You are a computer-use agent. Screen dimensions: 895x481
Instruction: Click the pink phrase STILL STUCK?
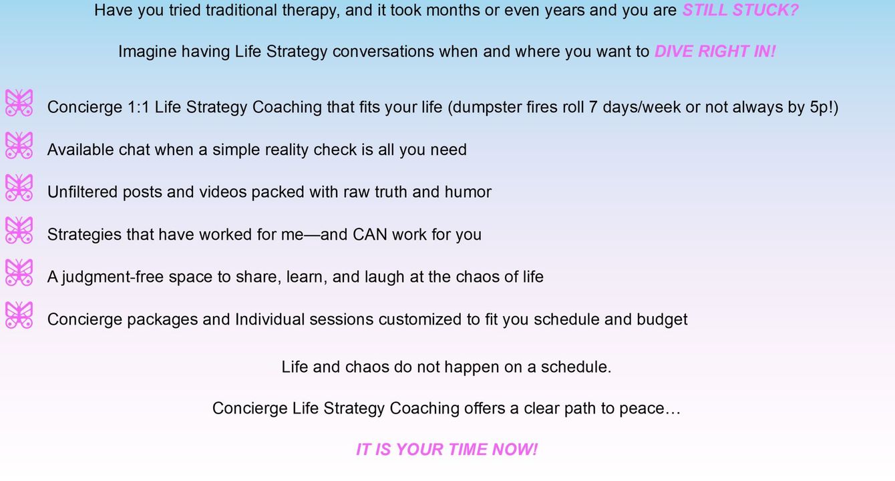click(x=740, y=11)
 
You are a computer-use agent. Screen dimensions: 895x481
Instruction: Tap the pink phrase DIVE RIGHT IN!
click(x=715, y=51)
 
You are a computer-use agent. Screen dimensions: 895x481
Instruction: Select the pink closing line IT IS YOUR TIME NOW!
click(x=447, y=450)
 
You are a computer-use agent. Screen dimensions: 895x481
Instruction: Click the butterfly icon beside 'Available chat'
click(x=19, y=145)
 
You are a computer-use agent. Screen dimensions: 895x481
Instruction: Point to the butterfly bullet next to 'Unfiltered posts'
click(x=19, y=187)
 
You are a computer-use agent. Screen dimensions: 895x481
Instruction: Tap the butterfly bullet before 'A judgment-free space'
click(x=19, y=273)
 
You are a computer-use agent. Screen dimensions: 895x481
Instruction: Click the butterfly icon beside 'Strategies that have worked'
click(x=19, y=230)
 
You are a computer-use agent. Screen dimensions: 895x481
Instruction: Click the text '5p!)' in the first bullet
click(x=824, y=108)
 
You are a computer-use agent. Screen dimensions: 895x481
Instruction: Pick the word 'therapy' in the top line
click(x=311, y=11)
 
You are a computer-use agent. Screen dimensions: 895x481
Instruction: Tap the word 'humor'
click(x=468, y=192)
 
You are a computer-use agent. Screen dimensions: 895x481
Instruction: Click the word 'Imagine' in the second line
click(x=147, y=52)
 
